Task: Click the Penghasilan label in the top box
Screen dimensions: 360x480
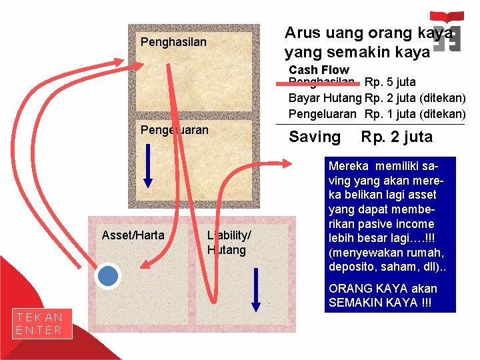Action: [173, 42]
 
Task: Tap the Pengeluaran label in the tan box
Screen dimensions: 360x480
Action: [174, 130]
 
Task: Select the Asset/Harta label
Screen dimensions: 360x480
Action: [133, 235]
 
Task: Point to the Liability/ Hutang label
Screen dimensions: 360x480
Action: [228, 243]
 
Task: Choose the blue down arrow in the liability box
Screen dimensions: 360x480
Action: [256, 288]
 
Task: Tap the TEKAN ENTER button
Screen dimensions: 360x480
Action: [40, 324]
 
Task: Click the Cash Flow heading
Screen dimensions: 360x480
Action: [319, 70]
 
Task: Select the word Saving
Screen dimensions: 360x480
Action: [314, 137]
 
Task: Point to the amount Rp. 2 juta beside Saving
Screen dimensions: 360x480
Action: [397, 137]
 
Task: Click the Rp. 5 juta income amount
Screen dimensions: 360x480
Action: [390, 82]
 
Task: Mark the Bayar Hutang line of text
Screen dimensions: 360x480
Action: [325, 98]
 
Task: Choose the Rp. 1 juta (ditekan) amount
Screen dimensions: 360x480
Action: [415, 114]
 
